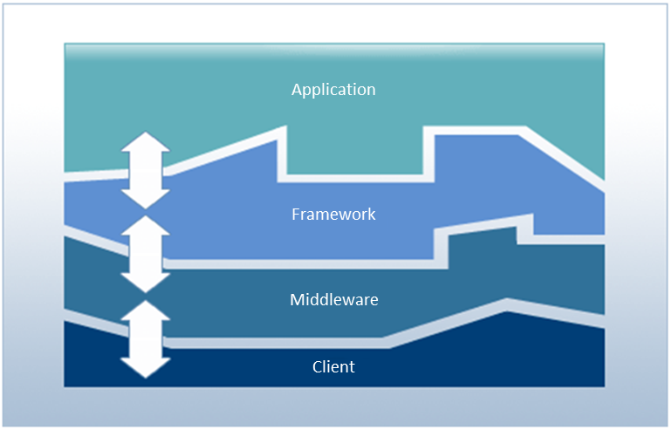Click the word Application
coord(333,90)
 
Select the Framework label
coord(333,214)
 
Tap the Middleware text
coord(333,300)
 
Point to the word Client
coord(333,366)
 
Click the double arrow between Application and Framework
coord(145,170)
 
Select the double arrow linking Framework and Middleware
coord(145,254)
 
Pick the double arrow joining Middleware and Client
coord(145,339)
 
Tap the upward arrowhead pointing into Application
coord(145,142)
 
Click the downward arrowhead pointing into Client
coord(145,369)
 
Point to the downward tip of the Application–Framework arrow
coord(145,200)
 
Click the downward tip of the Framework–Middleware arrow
coord(145,283)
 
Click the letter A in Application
coord(298,90)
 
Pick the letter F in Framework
coord(296,214)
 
